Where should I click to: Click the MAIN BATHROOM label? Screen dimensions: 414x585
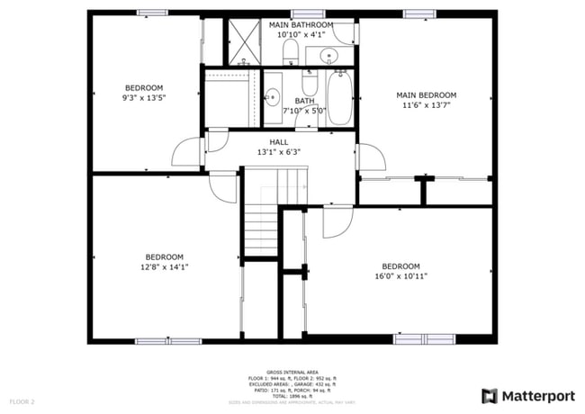pos(301,24)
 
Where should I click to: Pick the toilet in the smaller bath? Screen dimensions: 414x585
pos(309,85)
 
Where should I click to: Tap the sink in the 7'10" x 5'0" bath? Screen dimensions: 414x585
pos(271,94)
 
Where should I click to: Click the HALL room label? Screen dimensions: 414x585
pos(279,142)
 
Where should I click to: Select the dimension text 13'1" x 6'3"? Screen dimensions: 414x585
pos(279,152)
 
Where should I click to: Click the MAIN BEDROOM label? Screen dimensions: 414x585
pos(427,94)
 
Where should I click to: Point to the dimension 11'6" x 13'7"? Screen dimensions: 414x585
pos(427,104)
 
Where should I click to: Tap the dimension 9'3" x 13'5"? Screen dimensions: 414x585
pos(144,97)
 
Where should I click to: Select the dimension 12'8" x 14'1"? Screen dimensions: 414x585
pos(165,266)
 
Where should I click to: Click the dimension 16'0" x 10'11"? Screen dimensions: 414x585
pos(400,276)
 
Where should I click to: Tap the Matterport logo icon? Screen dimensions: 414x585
pos(490,395)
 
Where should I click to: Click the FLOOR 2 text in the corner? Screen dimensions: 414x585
pos(22,400)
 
